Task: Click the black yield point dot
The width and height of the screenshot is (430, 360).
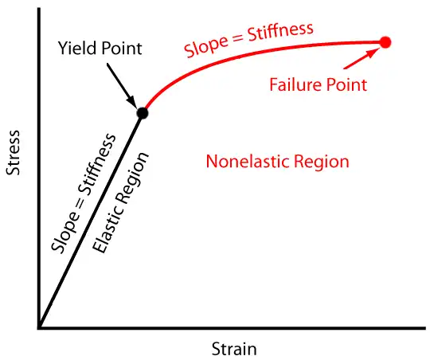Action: (x=143, y=113)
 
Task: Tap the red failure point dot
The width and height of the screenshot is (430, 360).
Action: (x=385, y=42)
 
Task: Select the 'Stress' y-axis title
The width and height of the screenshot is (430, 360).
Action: (x=13, y=153)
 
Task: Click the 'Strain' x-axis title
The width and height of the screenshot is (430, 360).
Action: (x=234, y=349)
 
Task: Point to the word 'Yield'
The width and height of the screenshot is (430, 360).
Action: (x=76, y=49)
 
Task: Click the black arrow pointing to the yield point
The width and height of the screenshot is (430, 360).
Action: (x=121, y=86)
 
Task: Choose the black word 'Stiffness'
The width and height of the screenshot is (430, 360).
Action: (x=96, y=164)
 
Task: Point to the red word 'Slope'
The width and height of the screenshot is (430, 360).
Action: (x=206, y=47)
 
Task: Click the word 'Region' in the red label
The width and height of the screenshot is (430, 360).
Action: (x=322, y=162)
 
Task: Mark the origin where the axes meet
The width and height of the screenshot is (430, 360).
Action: (x=39, y=327)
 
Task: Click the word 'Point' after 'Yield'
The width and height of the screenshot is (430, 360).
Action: (x=122, y=49)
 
